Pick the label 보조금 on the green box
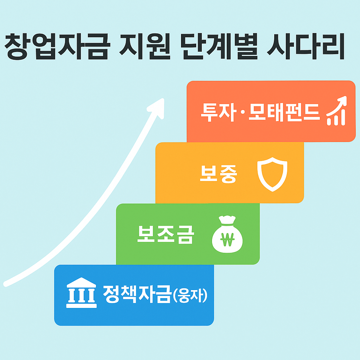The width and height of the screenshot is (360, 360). tap(165, 235)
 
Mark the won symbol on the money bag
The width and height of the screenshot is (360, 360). tap(227, 240)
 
